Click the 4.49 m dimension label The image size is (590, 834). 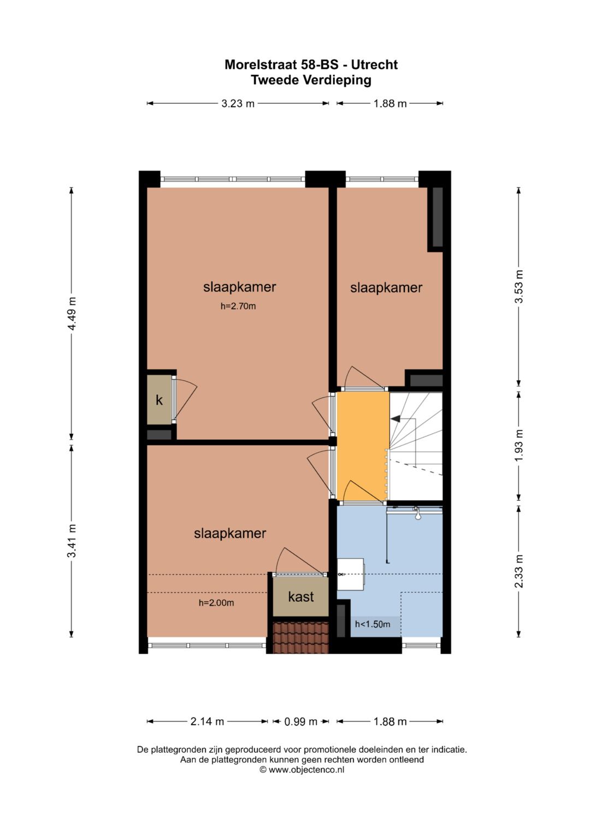coord(72,314)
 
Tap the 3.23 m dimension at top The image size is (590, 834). coord(238,103)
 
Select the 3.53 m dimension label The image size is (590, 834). coord(519,287)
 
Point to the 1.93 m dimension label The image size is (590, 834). coord(519,445)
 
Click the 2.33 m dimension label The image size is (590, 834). coord(519,571)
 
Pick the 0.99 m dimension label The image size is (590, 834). coord(300,721)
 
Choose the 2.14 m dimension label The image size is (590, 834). coord(207,721)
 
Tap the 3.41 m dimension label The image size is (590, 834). coord(72,541)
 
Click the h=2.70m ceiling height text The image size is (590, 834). coord(238,306)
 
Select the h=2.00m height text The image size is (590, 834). coord(216,603)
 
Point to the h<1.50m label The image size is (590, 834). coord(373,624)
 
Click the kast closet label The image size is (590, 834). coord(301,597)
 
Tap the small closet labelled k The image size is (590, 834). coord(159,400)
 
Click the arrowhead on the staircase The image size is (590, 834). coord(395,419)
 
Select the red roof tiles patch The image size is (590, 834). coord(300,637)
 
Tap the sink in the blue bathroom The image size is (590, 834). coord(350,574)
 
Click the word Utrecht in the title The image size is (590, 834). coord(374,64)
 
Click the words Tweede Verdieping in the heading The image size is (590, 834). coord(311,80)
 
